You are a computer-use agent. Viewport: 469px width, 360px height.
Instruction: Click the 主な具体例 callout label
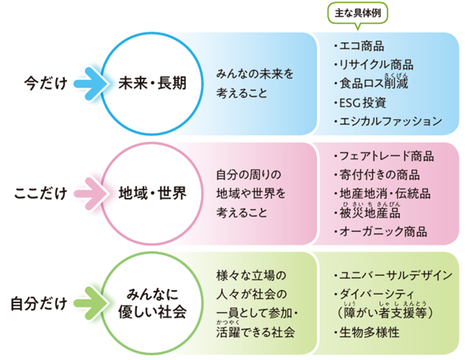coord(357,13)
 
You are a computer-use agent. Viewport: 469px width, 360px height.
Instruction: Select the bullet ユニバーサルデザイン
coord(394,275)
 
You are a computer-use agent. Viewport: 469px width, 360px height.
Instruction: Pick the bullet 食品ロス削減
coord(372,83)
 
